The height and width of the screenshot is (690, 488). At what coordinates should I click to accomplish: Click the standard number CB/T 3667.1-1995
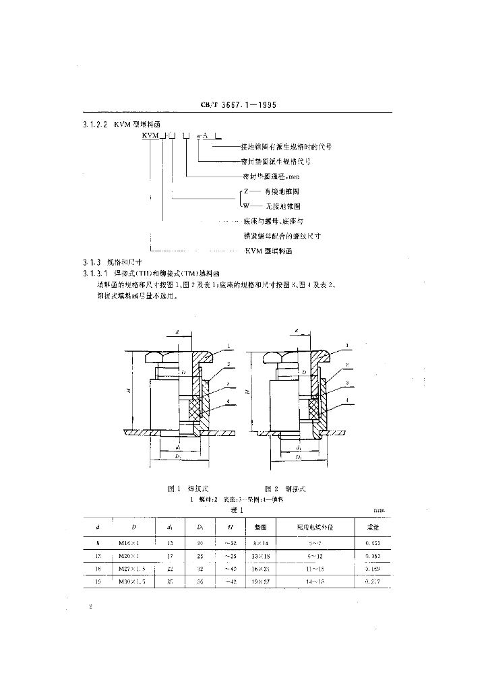tap(239, 106)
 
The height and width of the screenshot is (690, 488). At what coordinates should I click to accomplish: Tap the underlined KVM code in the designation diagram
tap(151, 136)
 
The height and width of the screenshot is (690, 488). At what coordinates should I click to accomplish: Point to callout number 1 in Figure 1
tap(229, 346)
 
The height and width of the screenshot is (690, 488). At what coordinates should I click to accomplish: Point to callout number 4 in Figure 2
tap(347, 400)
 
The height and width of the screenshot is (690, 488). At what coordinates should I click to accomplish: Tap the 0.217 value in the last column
tap(373, 582)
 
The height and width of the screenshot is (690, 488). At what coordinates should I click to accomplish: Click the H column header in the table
tap(213, 527)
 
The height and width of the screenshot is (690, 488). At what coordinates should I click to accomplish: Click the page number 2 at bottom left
tap(90, 608)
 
